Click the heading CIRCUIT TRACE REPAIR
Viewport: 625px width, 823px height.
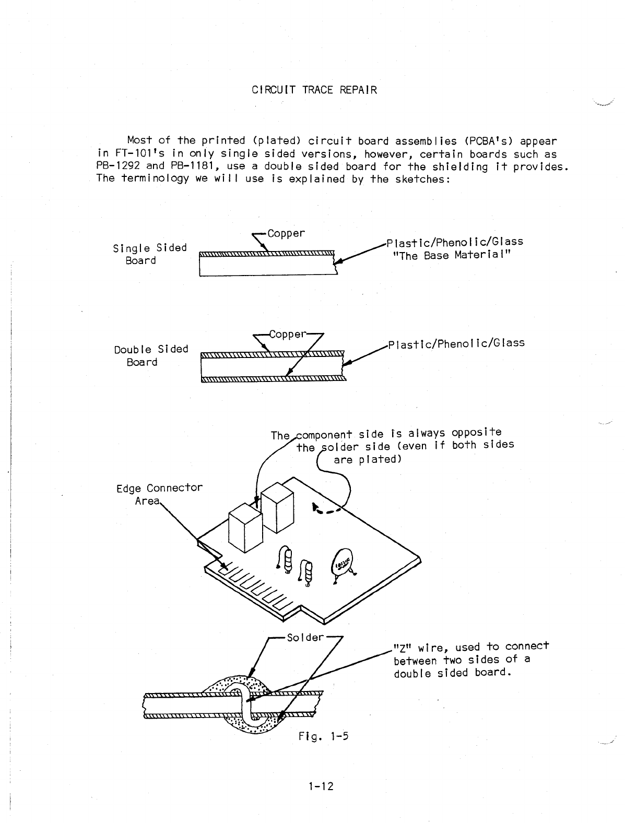pyautogui.click(x=314, y=90)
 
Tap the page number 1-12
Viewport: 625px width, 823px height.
pyautogui.click(x=321, y=786)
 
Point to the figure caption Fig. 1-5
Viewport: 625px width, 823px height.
pyautogui.click(x=323, y=736)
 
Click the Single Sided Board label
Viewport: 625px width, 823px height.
pyautogui.click(x=149, y=254)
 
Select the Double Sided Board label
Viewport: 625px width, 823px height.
pyautogui.click(x=150, y=355)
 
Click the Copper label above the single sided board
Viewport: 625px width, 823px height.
pyautogui.click(x=286, y=233)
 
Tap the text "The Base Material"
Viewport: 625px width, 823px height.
pyautogui.click(x=451, y=255)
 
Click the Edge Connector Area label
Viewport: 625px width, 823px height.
pyautogui.click(x=159, y=494)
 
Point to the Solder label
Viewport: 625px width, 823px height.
pyautogui.click(x=305, y=638)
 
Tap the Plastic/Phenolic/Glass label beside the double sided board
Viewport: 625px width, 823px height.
pyautogui.click(x=455, y=343)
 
